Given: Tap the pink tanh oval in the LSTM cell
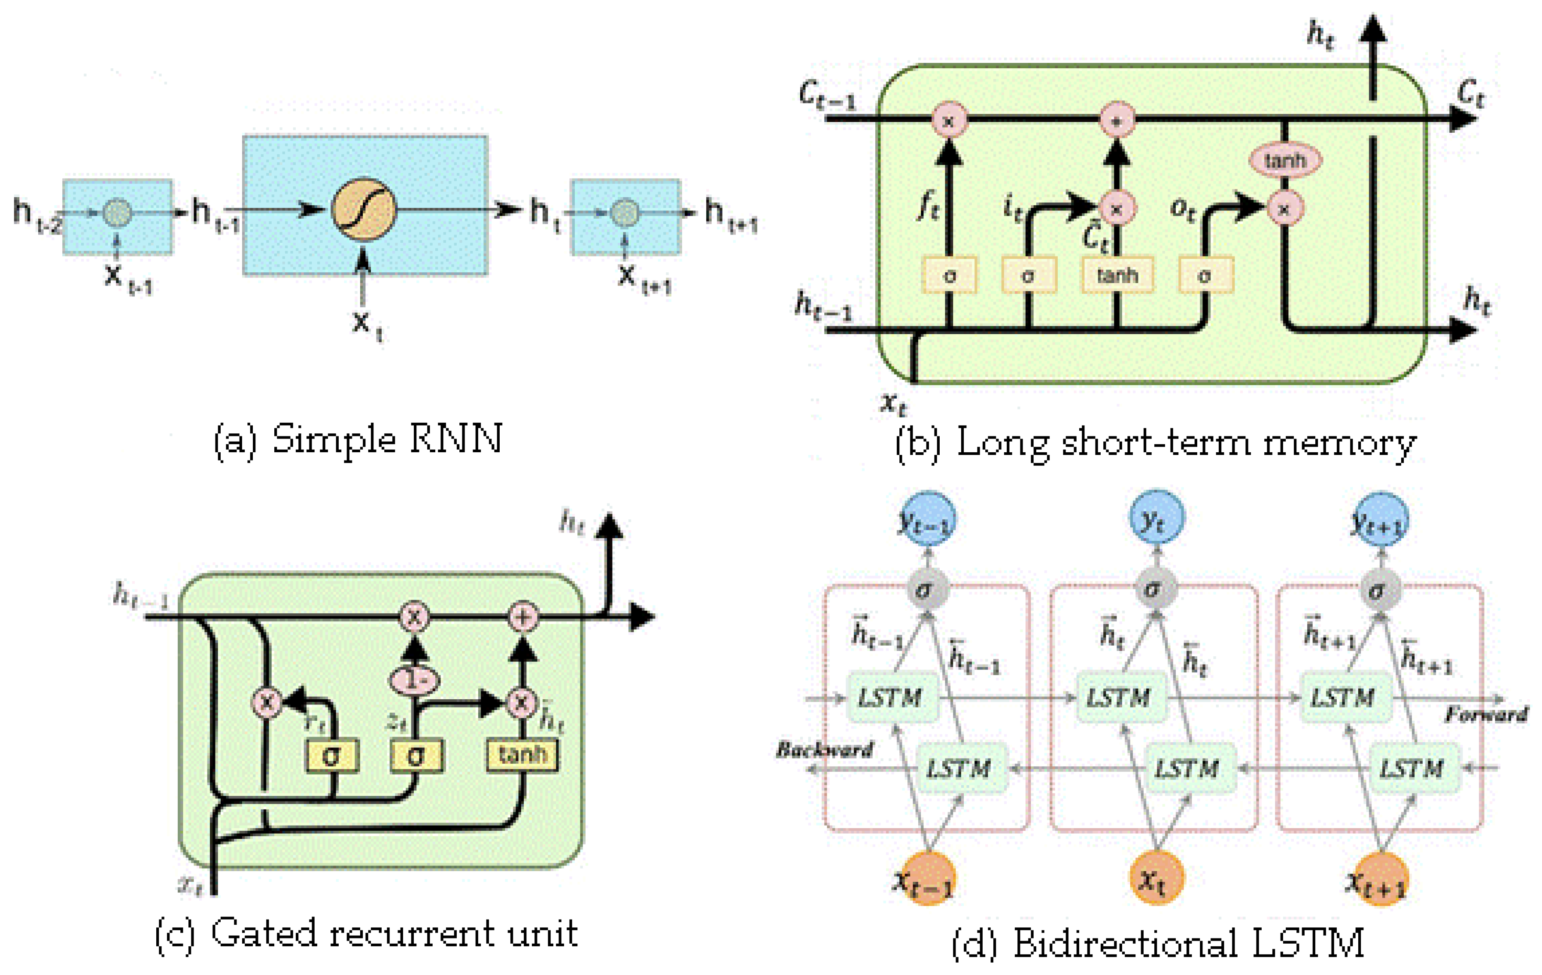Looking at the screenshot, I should coord(1284,160).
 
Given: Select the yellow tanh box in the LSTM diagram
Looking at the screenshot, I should coord(1117,275).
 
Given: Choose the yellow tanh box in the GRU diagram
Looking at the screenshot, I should coord(522,755).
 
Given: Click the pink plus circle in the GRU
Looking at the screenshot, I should coord(522,616).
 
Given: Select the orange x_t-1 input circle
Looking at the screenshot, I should coord(928,878).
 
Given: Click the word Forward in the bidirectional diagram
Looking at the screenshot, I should coord(1486,714).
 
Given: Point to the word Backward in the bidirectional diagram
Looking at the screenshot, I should coord(825,749).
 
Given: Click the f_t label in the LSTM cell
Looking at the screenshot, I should coord(929,207).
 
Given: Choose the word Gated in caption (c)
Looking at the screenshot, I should coord(263,933).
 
